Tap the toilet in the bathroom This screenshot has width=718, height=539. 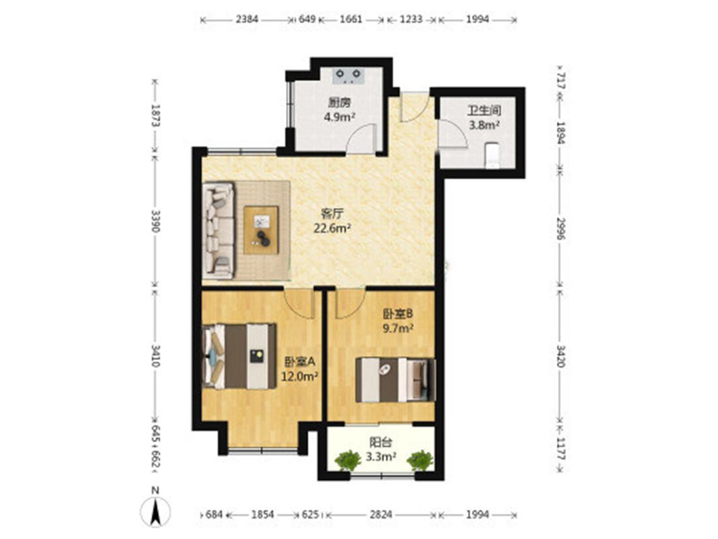pos(492,156)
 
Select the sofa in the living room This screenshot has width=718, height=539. pos(219,231)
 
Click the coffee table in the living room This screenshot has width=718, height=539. pos(261,230)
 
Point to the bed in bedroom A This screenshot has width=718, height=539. pos(239,356)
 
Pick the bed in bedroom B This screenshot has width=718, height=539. pos(396,380)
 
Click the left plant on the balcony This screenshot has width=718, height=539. pos(348,460)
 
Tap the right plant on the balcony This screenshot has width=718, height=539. pos(420,460)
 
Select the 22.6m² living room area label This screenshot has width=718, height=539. pos(332,228)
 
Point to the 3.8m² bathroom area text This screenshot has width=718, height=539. pos(484,124)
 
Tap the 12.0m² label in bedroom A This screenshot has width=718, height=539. pos(300,377)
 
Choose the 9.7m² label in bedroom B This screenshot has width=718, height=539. pos(398,328)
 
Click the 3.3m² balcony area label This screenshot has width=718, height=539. pos(381,457)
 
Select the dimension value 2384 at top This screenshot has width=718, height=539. pos(247,19)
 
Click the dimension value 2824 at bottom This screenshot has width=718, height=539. pos(381,514)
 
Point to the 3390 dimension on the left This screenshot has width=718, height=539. pos(156,221)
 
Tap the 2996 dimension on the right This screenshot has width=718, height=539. pos(561,228)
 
